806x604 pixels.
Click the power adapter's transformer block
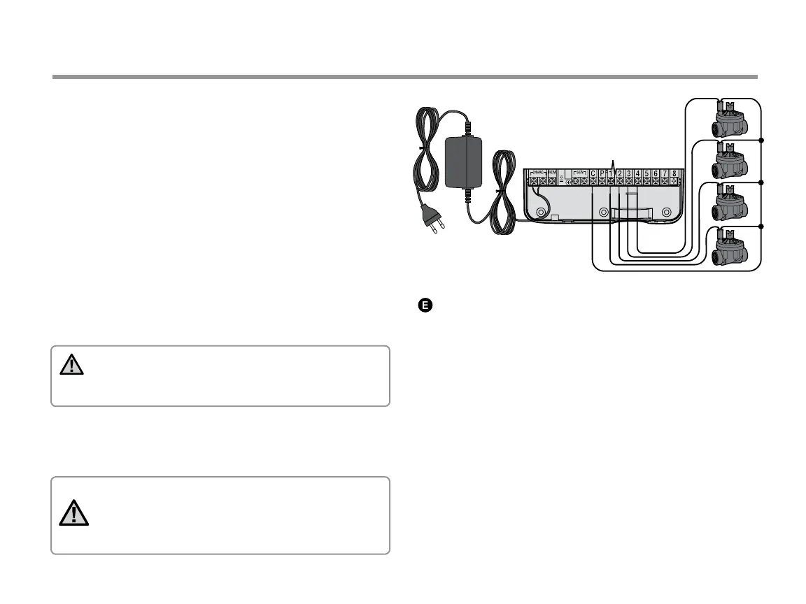coord(464,161)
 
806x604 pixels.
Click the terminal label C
coord(593,173)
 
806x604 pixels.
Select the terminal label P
coord(602,173)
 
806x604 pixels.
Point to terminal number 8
coord(673,173)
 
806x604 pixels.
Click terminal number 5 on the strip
coord(646,173)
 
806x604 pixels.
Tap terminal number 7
coord(664,173)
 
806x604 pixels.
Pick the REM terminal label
coord(552,172)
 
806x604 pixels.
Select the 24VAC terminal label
coord(537,171)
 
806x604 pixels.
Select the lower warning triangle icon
coord(73,515)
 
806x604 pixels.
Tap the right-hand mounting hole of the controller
coord(667,213)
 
